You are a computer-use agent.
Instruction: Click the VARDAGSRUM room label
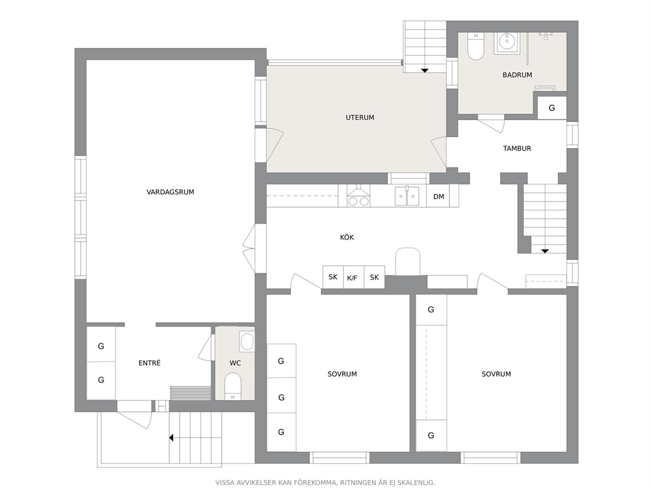pos(170,192)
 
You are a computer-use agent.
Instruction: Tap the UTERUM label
pos(360,118)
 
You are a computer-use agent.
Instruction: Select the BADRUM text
pos(517,75)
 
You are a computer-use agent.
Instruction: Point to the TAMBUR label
pos(517,148)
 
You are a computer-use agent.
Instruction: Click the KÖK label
pos(347,237)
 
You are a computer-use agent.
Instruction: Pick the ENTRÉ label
pos(150,363)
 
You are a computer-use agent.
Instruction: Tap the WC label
pos(235,363)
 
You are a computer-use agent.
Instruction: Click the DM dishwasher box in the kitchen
pos(438,196)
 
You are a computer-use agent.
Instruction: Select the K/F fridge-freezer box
pos(352,277)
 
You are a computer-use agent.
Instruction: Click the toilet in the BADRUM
pos(476,46)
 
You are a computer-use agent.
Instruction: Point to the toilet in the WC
pos(232,386)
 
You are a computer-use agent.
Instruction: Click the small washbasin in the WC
pos(247,342)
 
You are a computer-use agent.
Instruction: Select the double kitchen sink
pos(408,196)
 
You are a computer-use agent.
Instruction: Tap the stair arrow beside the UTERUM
pos(425,71)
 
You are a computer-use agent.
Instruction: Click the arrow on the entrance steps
pos(171,437)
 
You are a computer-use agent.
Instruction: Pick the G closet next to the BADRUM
pos(552,108)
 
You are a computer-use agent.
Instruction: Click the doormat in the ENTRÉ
pos(190,393)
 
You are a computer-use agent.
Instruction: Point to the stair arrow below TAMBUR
pos(545,251)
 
